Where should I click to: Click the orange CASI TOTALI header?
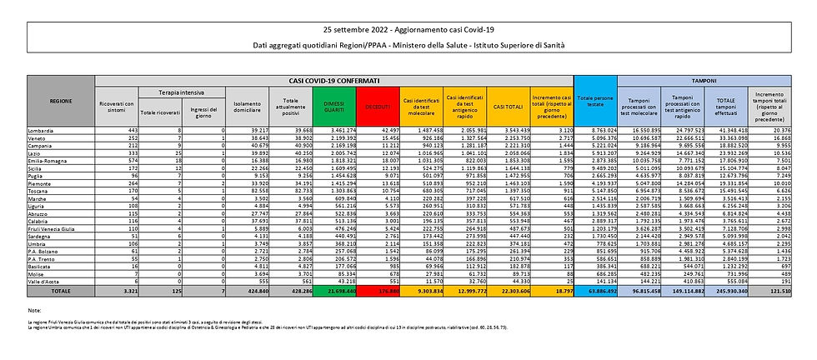[502, 105]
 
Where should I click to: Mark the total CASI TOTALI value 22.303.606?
[506, 291]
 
